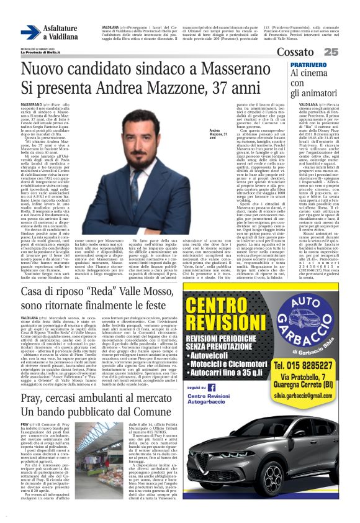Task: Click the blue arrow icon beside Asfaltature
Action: click(x=30, y=32)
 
